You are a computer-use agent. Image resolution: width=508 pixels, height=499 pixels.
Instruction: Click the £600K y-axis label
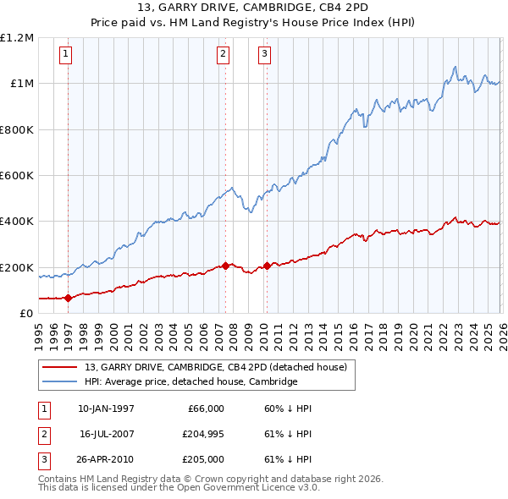tap(17, 176)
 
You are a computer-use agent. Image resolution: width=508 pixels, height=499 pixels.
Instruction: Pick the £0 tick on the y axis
tap(26, 314)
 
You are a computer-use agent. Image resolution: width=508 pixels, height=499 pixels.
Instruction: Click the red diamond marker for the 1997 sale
tap(68, 298)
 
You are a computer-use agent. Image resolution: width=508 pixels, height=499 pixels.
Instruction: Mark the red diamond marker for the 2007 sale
tap(225, 266)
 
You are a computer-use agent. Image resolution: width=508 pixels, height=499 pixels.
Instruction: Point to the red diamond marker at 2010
tap(267, 266)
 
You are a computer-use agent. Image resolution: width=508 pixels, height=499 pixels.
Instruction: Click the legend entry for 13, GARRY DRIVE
tap(215, 367)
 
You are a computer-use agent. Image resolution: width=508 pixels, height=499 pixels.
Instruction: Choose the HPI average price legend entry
tap(190, 381)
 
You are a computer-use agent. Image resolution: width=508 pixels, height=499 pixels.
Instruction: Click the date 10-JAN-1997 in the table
tap(106, 409)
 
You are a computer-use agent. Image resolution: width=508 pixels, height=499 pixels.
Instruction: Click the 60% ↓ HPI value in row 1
tap(288, 409)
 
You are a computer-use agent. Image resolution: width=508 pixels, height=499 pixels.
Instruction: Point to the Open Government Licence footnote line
tap(179, 488)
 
